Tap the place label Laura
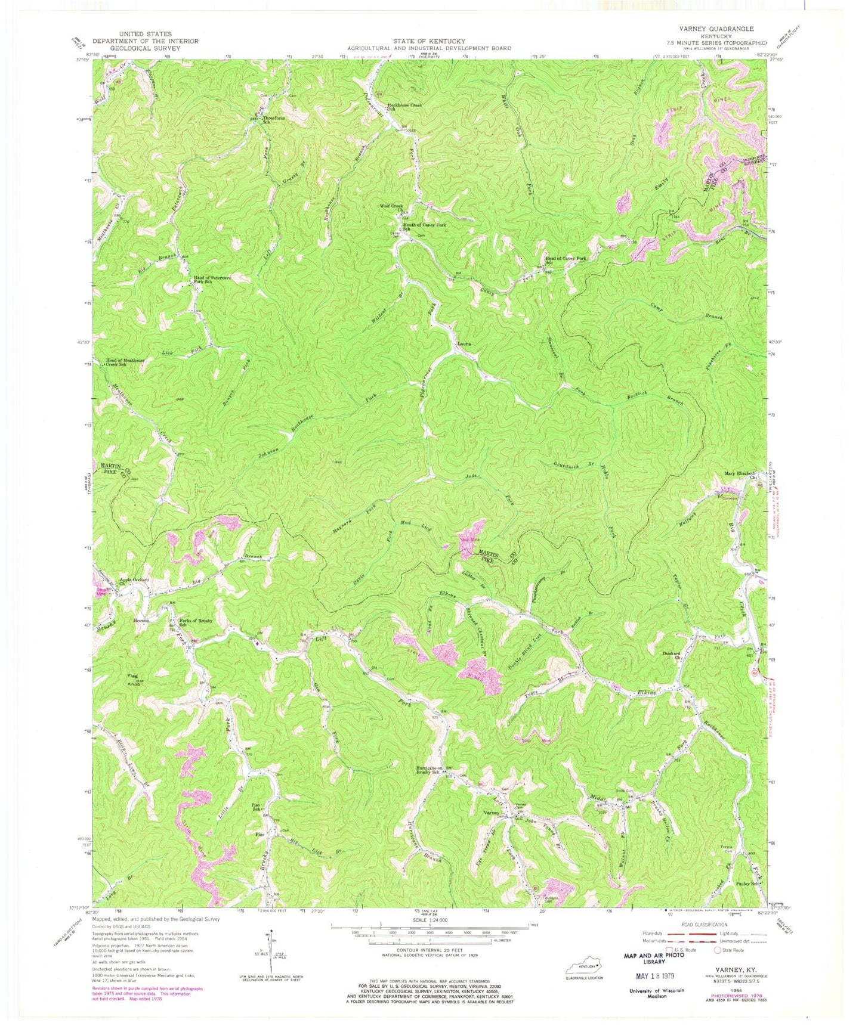(x=466, y=345)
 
